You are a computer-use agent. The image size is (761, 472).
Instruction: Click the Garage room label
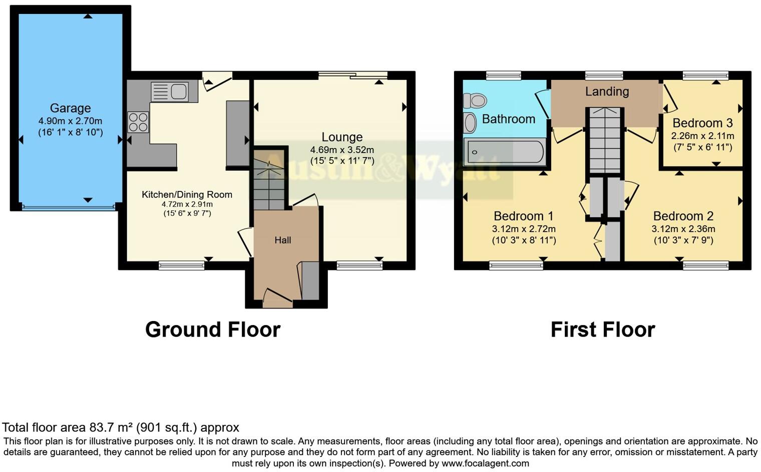pos(70,108)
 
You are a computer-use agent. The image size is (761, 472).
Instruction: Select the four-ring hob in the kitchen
pos(138,122)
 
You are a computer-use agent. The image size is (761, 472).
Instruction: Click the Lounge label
pos(342,137)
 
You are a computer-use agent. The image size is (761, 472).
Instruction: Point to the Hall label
pos(282,240)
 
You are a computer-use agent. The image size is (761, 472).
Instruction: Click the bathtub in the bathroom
pos(505,152)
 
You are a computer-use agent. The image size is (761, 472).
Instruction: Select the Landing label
pos(607,91)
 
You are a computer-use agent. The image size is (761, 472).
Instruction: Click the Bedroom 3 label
pos(702,123)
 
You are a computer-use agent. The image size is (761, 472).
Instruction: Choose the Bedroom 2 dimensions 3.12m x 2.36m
pos(683,229)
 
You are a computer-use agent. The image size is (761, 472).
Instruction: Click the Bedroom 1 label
pos(523,216)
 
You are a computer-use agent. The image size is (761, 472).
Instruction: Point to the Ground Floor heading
pos(213,330)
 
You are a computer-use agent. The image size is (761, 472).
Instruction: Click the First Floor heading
pos(603,330)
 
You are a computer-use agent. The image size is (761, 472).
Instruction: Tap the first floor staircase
pos(605,140)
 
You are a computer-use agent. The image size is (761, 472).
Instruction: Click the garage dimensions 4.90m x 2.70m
pos(70,121)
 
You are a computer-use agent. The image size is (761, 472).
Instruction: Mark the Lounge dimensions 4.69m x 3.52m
pos(342,150)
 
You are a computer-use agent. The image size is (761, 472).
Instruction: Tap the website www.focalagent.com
pos(485,463)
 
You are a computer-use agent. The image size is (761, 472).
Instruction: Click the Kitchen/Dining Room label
pos(187,194)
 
